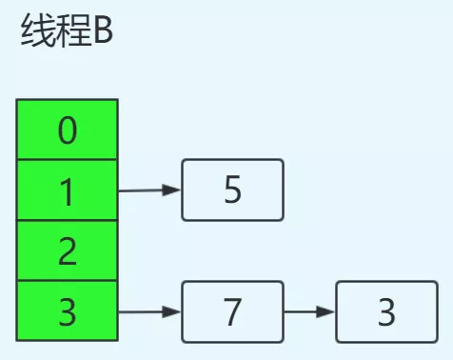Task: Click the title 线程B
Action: coord(66,35)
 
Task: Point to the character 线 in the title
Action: coord(35,35)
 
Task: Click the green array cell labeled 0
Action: coord(67,130)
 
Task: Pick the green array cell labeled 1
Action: coord(67,190)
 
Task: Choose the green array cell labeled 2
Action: coord(67,251)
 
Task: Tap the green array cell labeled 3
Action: coord(67,311)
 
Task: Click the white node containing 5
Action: coord(232,190)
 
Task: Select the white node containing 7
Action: coord(232,311)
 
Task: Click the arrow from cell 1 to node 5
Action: coord(148,190)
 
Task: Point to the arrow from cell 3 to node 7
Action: coord(148,311)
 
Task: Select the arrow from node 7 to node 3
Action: coord(309,311)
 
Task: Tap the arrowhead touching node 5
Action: coord(172,190)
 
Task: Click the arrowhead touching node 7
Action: coord(172,311)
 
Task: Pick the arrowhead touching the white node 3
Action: coord(327,311)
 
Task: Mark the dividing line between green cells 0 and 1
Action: coord(67,160)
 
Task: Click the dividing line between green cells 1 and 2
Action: coord(67,220)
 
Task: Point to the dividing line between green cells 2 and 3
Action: coord(67,281)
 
